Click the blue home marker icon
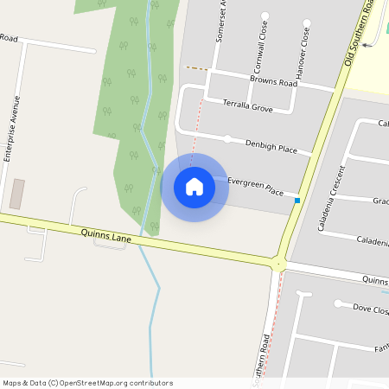pos(194,186)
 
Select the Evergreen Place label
pos(256,187)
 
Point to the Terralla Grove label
pos(248,106)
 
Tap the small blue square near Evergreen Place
pos(297,201)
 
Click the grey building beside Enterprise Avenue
pos(16,194)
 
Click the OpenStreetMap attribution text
pos(87,383)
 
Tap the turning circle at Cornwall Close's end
pos(265,16)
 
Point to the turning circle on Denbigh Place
pos(227,138)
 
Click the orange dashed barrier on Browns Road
pos(197,67)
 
